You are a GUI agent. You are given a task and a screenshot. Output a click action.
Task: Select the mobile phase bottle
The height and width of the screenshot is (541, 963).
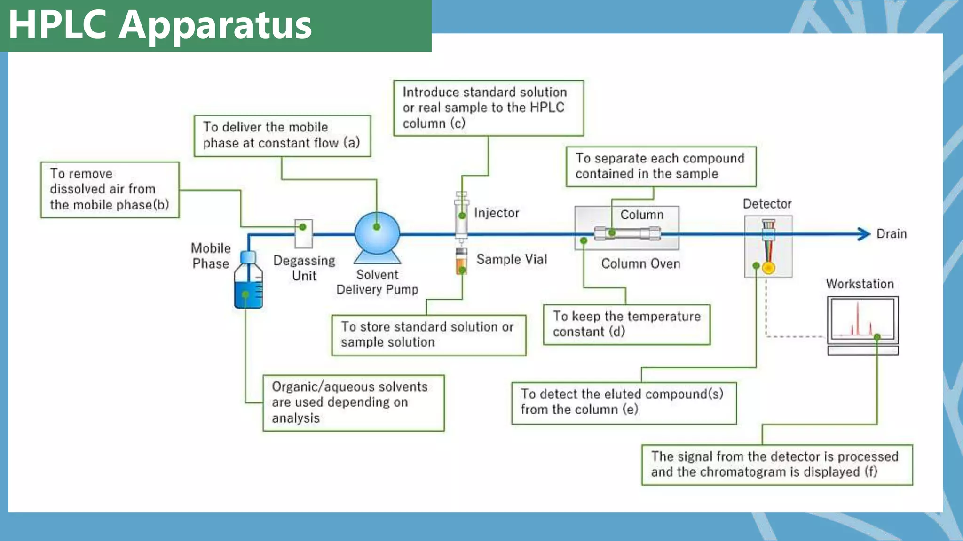(248, 282)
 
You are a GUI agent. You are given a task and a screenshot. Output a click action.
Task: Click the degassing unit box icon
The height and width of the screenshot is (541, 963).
(304, 233)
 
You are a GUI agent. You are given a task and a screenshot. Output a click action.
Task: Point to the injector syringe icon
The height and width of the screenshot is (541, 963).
(461, 216)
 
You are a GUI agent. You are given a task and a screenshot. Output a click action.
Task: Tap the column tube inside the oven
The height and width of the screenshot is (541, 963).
(627, 233)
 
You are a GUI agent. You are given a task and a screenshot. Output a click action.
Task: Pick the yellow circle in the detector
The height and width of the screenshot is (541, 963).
(768, 268)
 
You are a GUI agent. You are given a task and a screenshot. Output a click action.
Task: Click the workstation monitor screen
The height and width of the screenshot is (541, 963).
(862, 319)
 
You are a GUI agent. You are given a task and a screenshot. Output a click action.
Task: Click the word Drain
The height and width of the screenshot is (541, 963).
(891, 234)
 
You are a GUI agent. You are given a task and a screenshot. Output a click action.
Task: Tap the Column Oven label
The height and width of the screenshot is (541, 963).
(640, 264)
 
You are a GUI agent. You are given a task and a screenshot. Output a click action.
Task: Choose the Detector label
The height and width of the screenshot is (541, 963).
(767, 204)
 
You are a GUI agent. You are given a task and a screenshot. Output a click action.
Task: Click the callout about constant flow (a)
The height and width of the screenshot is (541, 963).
(282, 136)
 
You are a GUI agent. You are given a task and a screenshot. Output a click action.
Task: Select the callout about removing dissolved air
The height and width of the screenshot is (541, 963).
(110, 190)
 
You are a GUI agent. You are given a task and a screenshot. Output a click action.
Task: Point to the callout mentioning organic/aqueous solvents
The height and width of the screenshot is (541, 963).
(353, 402)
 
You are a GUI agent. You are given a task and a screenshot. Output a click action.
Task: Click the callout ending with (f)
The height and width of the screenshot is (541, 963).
(777, 464)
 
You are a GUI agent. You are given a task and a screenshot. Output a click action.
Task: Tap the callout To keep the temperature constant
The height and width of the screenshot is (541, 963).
(626, 325)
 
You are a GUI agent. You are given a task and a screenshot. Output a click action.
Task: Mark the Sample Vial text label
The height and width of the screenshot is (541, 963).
(512, 259)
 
